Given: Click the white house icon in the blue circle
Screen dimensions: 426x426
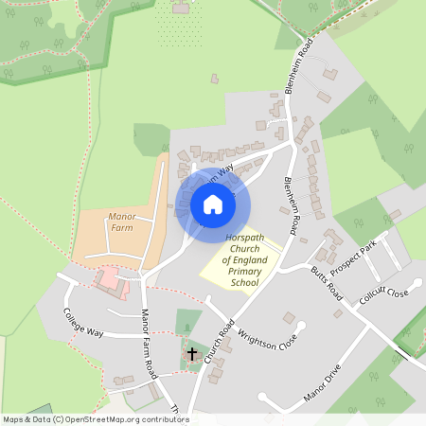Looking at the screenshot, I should click(212, 204).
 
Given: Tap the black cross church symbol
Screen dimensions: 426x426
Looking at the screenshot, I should click(192, 354).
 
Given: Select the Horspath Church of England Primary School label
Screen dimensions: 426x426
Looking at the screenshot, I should click(239, 260).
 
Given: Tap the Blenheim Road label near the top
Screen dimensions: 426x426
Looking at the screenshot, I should click(294, 66).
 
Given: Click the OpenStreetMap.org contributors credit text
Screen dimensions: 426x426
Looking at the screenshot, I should click(127, 418).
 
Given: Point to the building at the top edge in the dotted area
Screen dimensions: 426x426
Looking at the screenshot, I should click(181, 9).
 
